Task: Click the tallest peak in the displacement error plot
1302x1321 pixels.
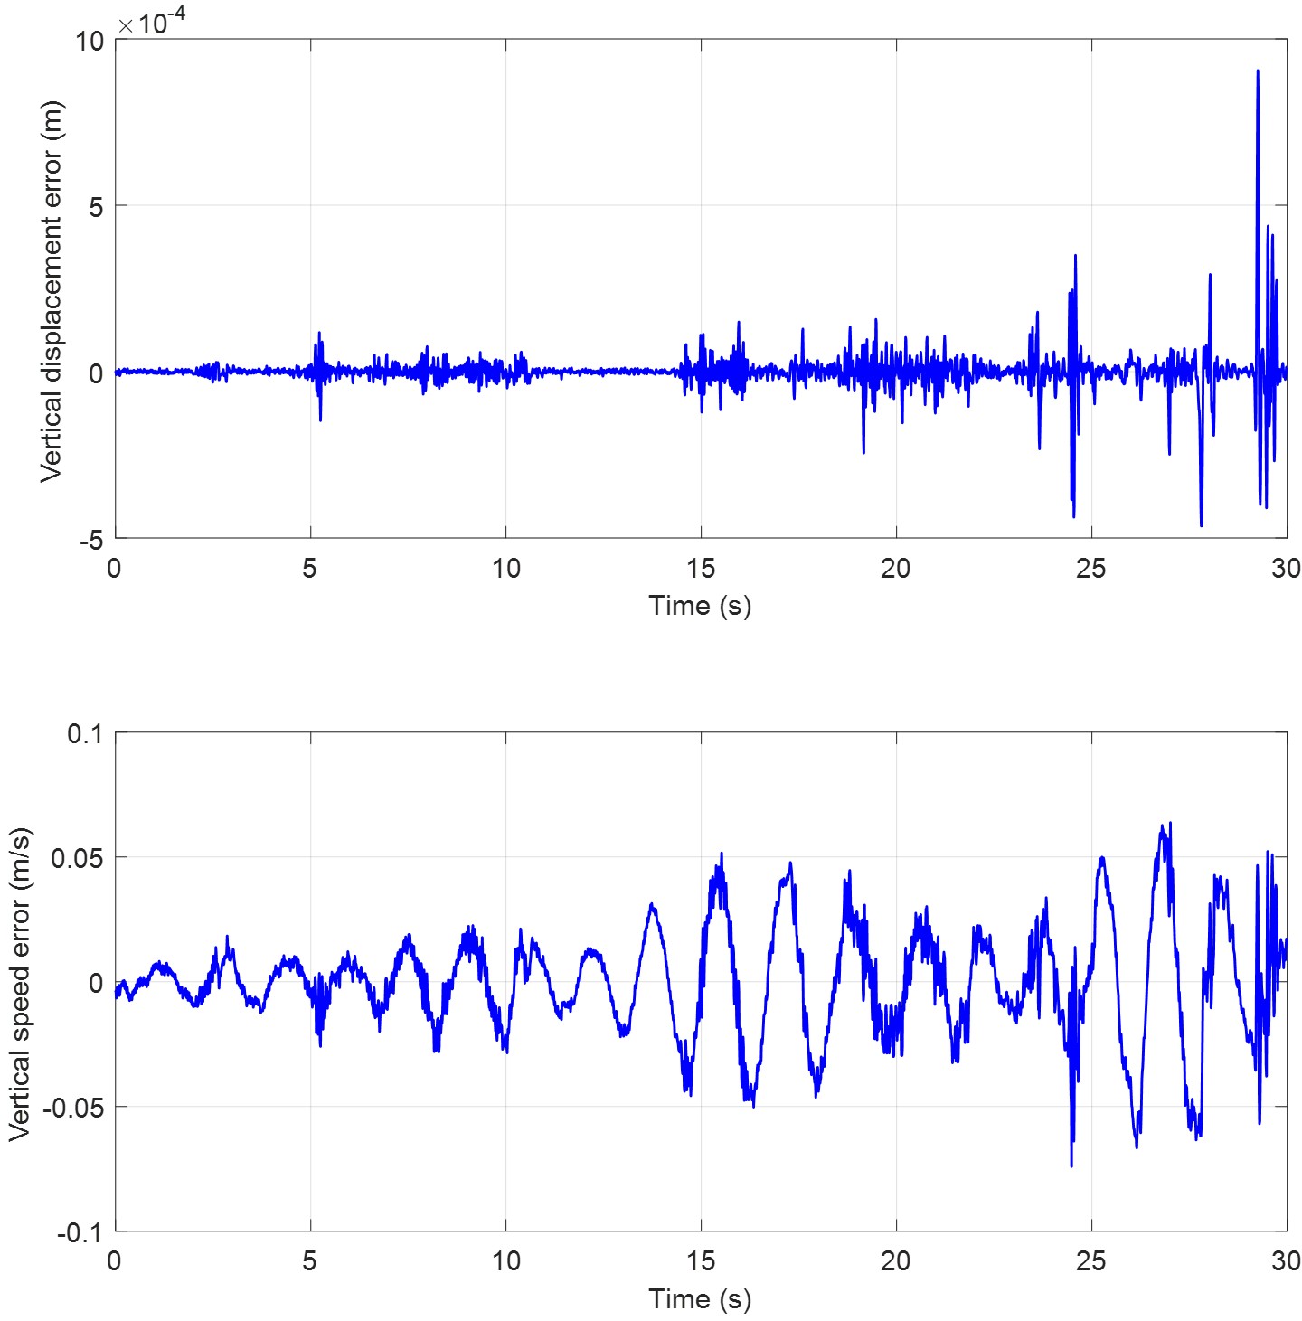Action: pos(1258,71)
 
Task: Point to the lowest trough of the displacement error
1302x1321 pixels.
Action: pos(1202,524)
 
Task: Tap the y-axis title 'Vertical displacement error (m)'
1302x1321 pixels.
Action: pos(52,290)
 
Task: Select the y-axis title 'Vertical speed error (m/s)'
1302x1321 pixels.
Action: pos(20,984)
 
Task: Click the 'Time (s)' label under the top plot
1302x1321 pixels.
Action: pos(700,606)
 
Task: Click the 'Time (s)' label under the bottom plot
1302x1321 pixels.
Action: pos(700,1299)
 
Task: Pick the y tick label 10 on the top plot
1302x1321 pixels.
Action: pos(90,42)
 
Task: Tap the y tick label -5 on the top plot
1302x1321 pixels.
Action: pos(91,541)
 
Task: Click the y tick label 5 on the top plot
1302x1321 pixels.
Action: pos(96,207)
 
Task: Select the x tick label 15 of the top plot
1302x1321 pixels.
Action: pos(701,569)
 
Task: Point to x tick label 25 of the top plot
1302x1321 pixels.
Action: pos(1091,569)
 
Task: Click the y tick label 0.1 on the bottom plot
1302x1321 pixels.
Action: pos(85,733)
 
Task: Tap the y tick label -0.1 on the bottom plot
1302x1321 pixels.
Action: pos(80,1232)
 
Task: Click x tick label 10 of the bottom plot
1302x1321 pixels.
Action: pos(505,1261)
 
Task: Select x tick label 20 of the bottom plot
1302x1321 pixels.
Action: pos(896,1261)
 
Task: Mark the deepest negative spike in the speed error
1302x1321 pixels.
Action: pos(1071,1165)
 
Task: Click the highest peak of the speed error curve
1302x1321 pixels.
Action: pos(1171,824)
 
